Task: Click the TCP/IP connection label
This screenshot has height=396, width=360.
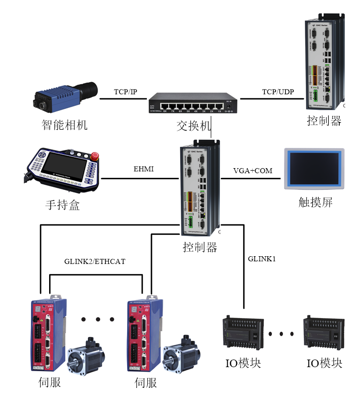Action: (x=126, y=92)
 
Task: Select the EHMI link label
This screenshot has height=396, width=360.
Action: (x=143, y=169)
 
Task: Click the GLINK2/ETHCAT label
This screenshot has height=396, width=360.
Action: (x=95, y=262)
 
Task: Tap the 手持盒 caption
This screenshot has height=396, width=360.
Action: (x=62, y=205)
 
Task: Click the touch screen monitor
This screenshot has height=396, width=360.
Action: (x=314, y=169)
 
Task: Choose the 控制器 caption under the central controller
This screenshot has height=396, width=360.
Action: (x=200, y=247)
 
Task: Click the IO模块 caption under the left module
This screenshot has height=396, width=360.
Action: (x=244, y=364)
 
